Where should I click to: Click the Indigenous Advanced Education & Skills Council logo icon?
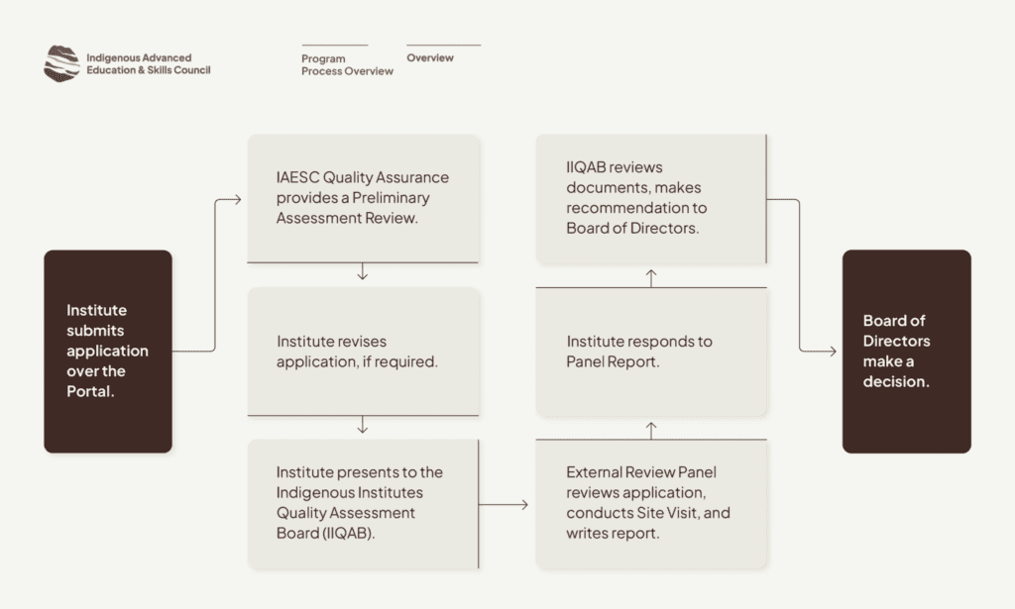pyautogui.click(x=61, y=63)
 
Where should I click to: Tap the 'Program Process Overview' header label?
pyautogui.click(x=347, y=64)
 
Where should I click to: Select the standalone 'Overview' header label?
pyautogui.click(x=430, y=57)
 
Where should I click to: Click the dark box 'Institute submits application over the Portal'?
pyautogui.click(x=108, y=352)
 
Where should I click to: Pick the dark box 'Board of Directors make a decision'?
pyautogui.click(x=906, y=352)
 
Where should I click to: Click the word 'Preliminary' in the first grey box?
pyautogui.click(x=391, y=198)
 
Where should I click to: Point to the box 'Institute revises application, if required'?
pyautogui.click(x=363, y=352)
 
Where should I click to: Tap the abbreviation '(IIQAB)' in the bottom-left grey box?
pyautogui.click(x=349, y=534)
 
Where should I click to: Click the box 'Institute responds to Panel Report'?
pyautogui.click(x=651, y=352)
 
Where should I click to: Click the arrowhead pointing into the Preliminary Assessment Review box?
pyautogui.click(x=238, y=200)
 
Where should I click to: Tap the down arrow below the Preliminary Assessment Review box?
pyautogui.click(x=363, y=271)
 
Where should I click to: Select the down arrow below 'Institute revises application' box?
pyautogui.click(x=363, y=425)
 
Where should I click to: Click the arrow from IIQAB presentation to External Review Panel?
pyautogui.click(x=504, y=504)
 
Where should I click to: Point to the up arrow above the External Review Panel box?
pyautogui.click(x=651, y=431)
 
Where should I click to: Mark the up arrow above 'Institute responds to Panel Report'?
pyautogui.click(x=651, y=278)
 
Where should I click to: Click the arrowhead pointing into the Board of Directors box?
pyautogui.click(x=833, y=352)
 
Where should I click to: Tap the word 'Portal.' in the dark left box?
pyautogui.click(x=90, y=391)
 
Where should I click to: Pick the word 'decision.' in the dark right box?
pyautogui.click(x=896, y=381)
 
